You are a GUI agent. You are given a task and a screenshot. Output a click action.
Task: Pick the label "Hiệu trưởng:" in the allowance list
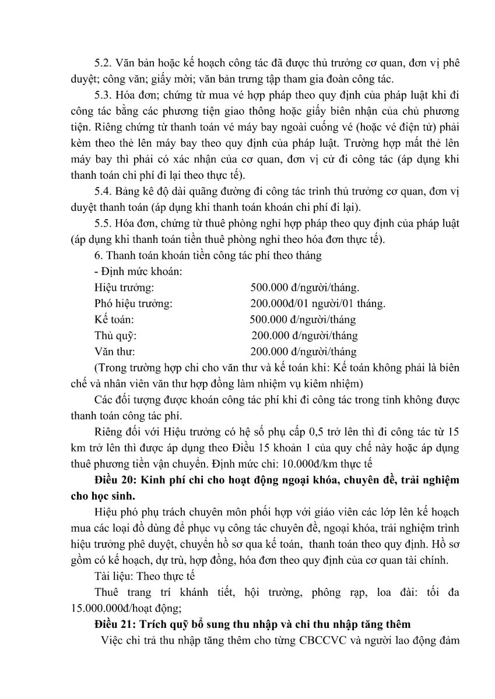click(124, 288)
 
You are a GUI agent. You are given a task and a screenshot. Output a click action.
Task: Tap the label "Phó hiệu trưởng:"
click(133, 303)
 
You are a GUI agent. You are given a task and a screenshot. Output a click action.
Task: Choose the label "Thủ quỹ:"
click(115, 336)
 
